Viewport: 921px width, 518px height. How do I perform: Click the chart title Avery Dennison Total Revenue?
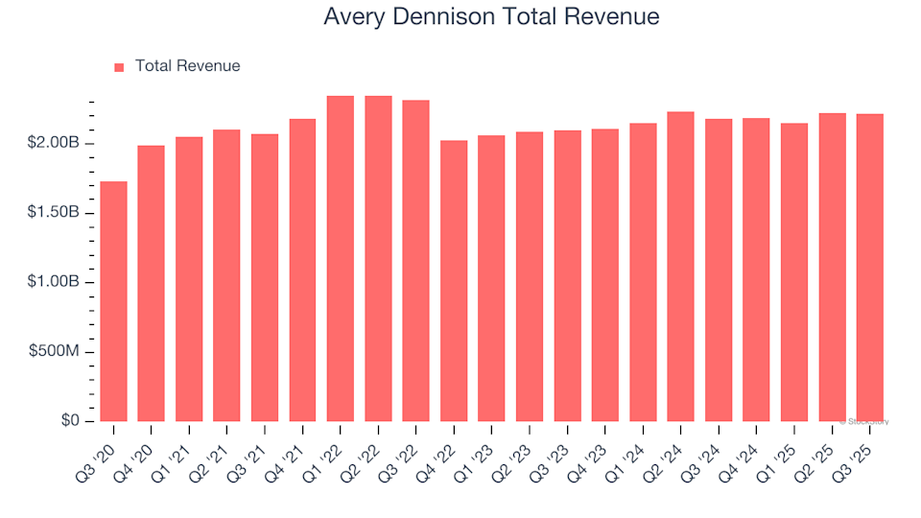click(491, 17)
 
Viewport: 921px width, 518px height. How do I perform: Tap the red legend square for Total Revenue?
click(120, 67)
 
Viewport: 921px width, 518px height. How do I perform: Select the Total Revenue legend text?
click(187, 66)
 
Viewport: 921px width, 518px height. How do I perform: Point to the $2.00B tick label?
click(54, 143)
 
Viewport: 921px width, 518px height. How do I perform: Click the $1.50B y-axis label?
click(54, 213)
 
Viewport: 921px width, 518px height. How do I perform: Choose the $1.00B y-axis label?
click(54, 283)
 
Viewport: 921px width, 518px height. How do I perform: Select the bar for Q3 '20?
click(113, 301)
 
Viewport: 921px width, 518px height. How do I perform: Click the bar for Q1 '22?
click(341, 259)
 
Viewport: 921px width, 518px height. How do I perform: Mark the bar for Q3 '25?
click(870, 268)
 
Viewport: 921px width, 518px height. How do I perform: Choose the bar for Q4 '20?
click(152, 284)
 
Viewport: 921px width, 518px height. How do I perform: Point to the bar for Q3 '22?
click(416, 261)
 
